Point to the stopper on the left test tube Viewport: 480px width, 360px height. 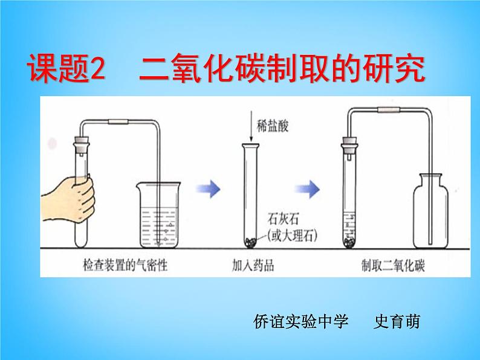click(x=79, y=146)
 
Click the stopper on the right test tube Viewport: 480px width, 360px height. click(x=349, y=144)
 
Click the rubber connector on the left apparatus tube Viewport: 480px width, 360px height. click(x=118, y=123)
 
